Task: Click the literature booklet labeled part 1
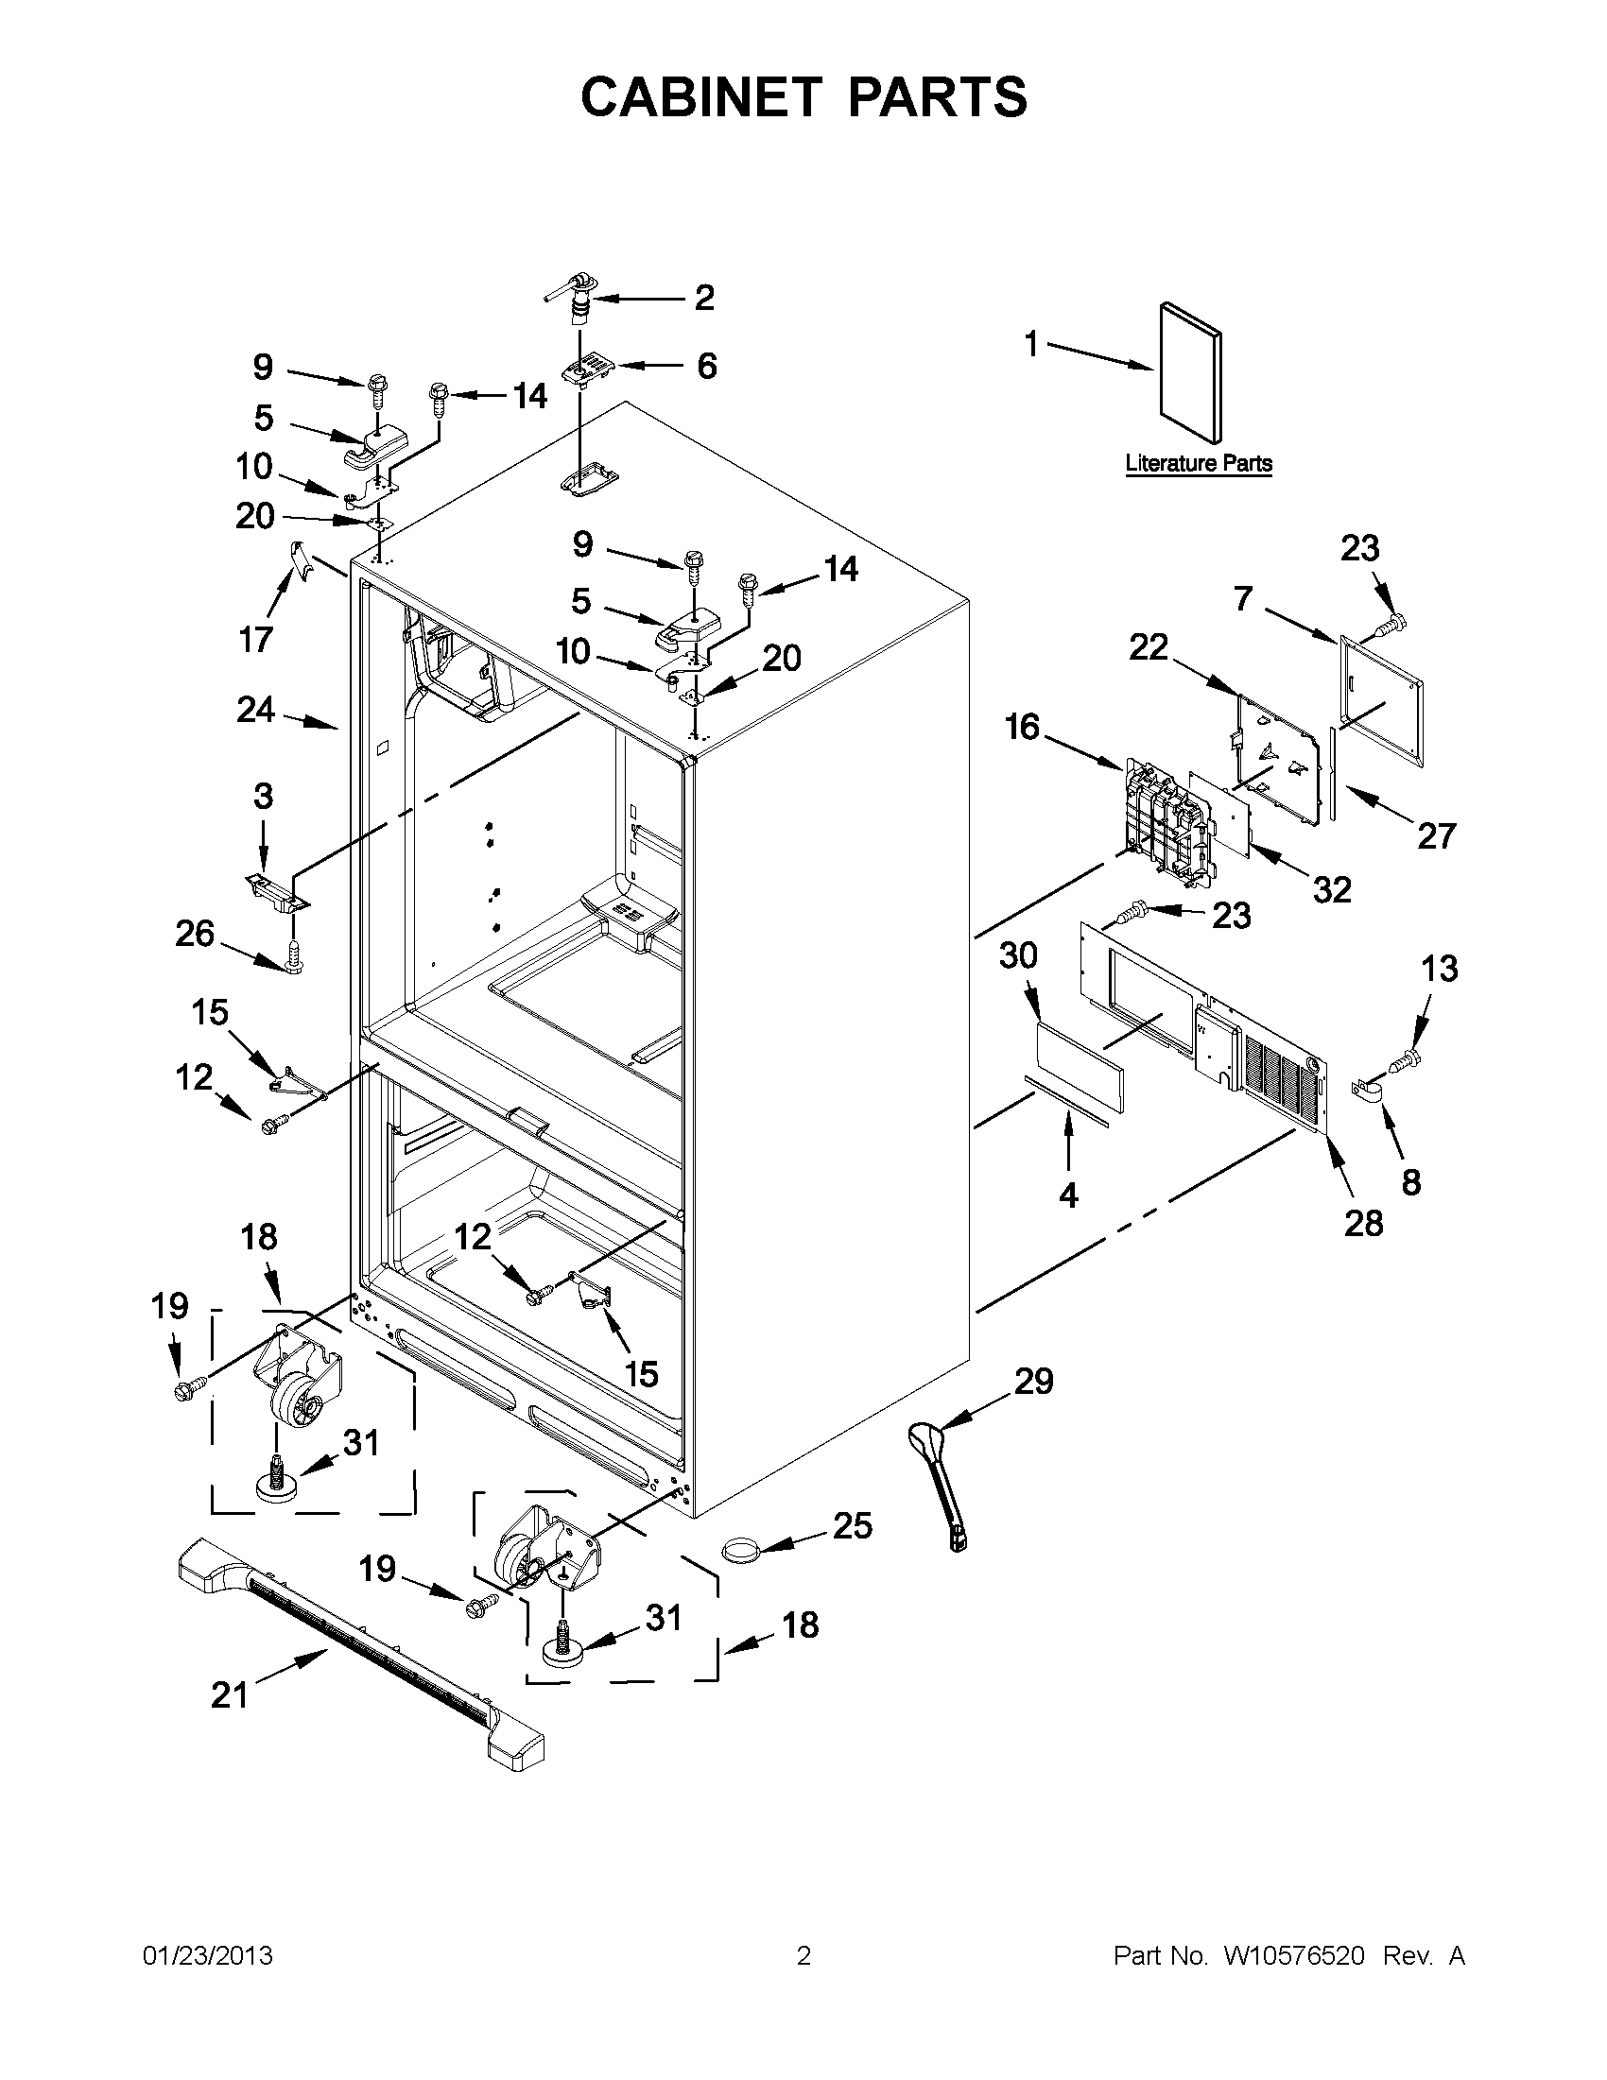click(x=1190, y=373)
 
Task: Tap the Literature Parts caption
click(x=1199, y=464)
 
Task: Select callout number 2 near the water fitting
click(x=703, y=297)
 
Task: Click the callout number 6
click(x=706, y=366)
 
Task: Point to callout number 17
click(x=255, y=639)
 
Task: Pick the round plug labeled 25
click(x=740, y=1548)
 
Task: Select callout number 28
click(x=1362, y=1223)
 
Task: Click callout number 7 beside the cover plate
click(x=1242, y=599)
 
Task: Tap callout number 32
click(x=1331, y=889)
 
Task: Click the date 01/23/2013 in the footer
click(x=207, y=1956)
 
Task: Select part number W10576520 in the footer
click(x=1292, y=1956)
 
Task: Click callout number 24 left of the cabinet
click(x=255, y=710)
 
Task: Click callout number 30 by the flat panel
click(x=1017, y=955)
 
